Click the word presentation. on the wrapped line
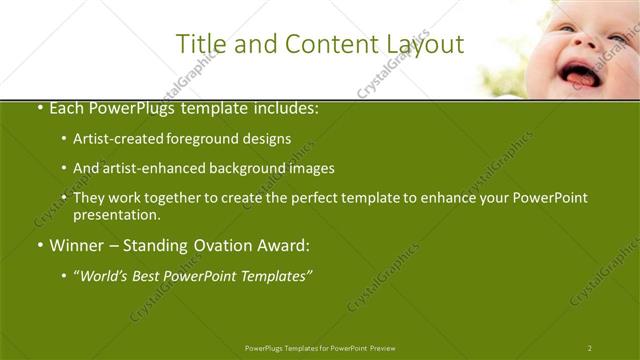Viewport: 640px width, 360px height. click(x=117, y=215)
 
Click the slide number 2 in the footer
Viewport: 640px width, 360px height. click(x=590, y=348)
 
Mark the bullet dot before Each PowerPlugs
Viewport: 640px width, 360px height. click(x=39, y=108)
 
